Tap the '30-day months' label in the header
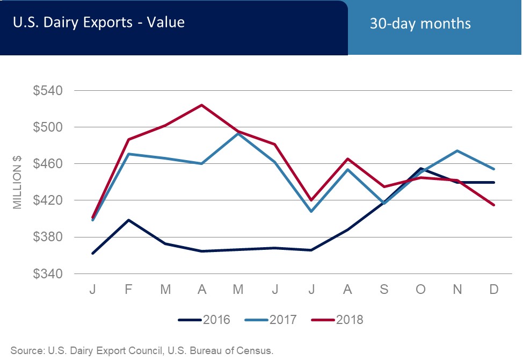pos(420,24)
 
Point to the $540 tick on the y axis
pos(49,90)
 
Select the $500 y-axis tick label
pos(49,127)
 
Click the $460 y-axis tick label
pos(49,164)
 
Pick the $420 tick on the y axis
pos(49,200)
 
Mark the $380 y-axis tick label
pos(49,237)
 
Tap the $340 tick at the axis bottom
pos(49,273)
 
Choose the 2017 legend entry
pos(271,320)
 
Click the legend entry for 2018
pos(337,320)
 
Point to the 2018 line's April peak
pos(202,105)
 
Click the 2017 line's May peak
pos(238,133)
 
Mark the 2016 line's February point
pos(129,220)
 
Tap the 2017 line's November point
pos(457,150)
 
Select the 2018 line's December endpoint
pos(494,205)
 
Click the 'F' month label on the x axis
pos(129,289)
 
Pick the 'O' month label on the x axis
pos(421,289)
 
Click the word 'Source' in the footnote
pos(27,351)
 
